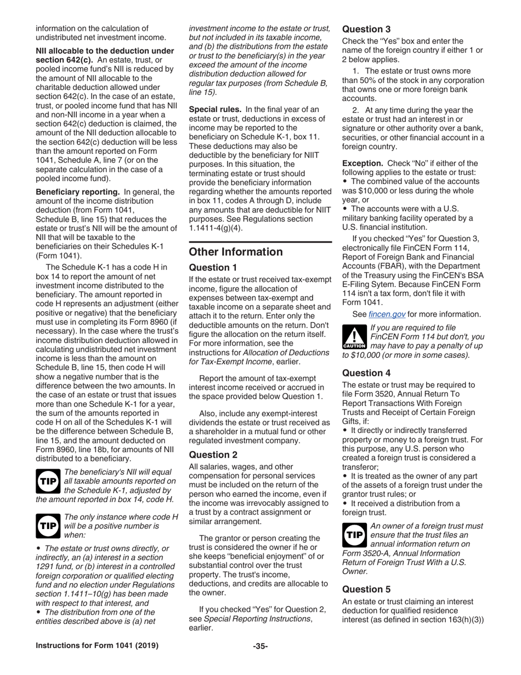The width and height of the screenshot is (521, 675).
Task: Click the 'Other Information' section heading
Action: coord(236,252)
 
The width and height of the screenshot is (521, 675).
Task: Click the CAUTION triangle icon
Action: coord(354,336)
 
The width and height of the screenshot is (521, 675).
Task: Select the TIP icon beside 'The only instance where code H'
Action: coord(47,525)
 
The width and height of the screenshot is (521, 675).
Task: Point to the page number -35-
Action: coord(260,646)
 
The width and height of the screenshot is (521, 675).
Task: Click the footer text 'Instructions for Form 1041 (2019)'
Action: coord(97,646)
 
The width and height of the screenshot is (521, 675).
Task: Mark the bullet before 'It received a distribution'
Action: coord(344,503)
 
